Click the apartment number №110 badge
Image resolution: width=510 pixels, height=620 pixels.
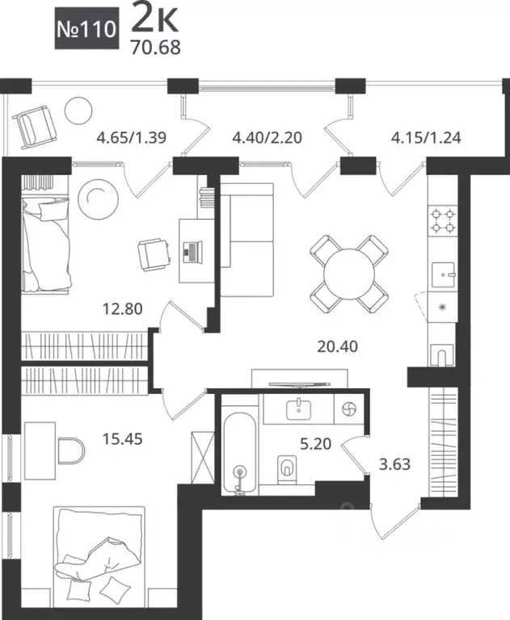pyautogui.click(x=86, y=28)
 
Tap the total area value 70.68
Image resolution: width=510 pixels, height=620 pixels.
pyautogui.click(x=156, y=48)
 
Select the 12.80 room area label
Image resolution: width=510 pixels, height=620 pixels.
pyautogui.click(x=122, y=309)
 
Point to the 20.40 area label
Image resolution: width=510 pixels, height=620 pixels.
pyautogui.click(x=337, y=347)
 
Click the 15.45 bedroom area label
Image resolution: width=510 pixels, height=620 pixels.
pyautogui.click(x=122, y=439)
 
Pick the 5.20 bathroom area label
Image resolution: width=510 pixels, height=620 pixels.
pyautogui.click(x=315, y=444)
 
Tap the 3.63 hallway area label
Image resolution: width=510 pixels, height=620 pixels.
pyautogui.click(x=394, y=464)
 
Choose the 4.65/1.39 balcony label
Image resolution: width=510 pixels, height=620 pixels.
pyautogui.click(x=132, y=138)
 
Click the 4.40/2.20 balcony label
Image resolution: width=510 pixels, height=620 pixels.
pyautogui.click(x=267, y=138)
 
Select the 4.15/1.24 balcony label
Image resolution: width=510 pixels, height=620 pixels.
pyautogui.click(x=426, y=138)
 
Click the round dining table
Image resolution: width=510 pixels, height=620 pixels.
pyautogui.click(x=349, y=274)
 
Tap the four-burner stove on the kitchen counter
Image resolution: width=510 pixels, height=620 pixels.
pyautogui.click(x=443, y=220)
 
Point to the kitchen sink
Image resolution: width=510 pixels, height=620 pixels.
pyautogui.click(x=443, y=274)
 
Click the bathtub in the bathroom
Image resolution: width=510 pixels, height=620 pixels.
pyautogui.click(x=239, y=454)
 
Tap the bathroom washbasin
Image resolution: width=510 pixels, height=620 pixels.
pyautogui.click(x=298, y=408)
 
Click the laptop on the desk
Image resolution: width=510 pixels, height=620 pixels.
pyautogui.click(x=192, y=252)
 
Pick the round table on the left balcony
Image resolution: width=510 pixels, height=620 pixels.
pyautogui.click(x=78, y=111)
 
